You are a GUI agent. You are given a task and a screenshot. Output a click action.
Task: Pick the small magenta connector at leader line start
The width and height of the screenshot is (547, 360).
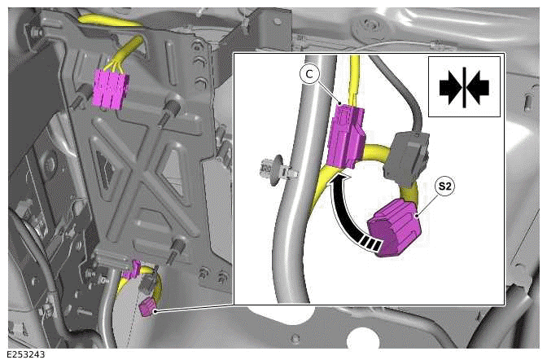147,306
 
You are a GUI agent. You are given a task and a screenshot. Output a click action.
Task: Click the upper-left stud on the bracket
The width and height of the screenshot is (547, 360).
79,102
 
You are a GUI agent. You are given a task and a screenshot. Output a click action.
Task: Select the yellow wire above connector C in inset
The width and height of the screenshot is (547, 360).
354,77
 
